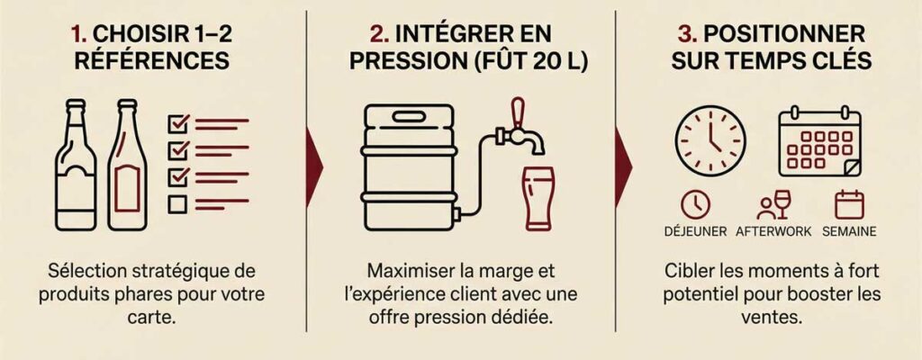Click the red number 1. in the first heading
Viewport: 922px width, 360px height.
tap(79, 34)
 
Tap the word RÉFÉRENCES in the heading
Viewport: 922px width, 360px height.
tap(151, 60)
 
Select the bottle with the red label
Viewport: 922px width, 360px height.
tap(127, 165)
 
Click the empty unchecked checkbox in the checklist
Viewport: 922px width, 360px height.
tap(177, 204)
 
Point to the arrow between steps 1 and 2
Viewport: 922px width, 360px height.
tap(314, 167)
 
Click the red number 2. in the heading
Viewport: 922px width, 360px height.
tap(379, 34)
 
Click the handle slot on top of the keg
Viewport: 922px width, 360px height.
tap(409, 116)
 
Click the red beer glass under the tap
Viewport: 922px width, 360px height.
tap(539, 198)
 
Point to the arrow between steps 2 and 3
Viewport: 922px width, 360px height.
tap(623, 167)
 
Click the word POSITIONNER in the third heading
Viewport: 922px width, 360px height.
tap(784, 34)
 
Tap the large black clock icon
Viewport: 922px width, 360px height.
tap(710, 141)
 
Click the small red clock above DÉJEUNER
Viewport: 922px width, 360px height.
tap(696, 204)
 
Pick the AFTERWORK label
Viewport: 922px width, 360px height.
tap(773, 232)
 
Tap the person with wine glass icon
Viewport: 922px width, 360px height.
tap(773, 204)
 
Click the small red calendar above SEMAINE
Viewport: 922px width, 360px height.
tap(849, 204)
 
